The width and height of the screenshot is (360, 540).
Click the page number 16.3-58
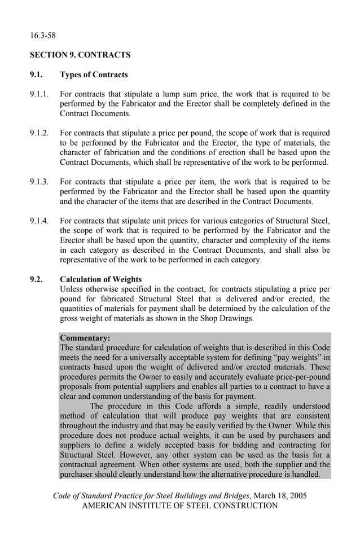(43, 36)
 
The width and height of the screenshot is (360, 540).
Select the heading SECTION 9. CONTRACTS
(80, 55)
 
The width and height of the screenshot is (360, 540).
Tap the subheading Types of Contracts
(94, 74)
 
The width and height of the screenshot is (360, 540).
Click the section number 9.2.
(37, 279)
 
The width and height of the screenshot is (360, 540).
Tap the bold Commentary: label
(85, 338)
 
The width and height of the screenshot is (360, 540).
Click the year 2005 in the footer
(297, 496)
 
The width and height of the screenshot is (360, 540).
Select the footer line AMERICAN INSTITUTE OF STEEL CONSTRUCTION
(180, 506)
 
